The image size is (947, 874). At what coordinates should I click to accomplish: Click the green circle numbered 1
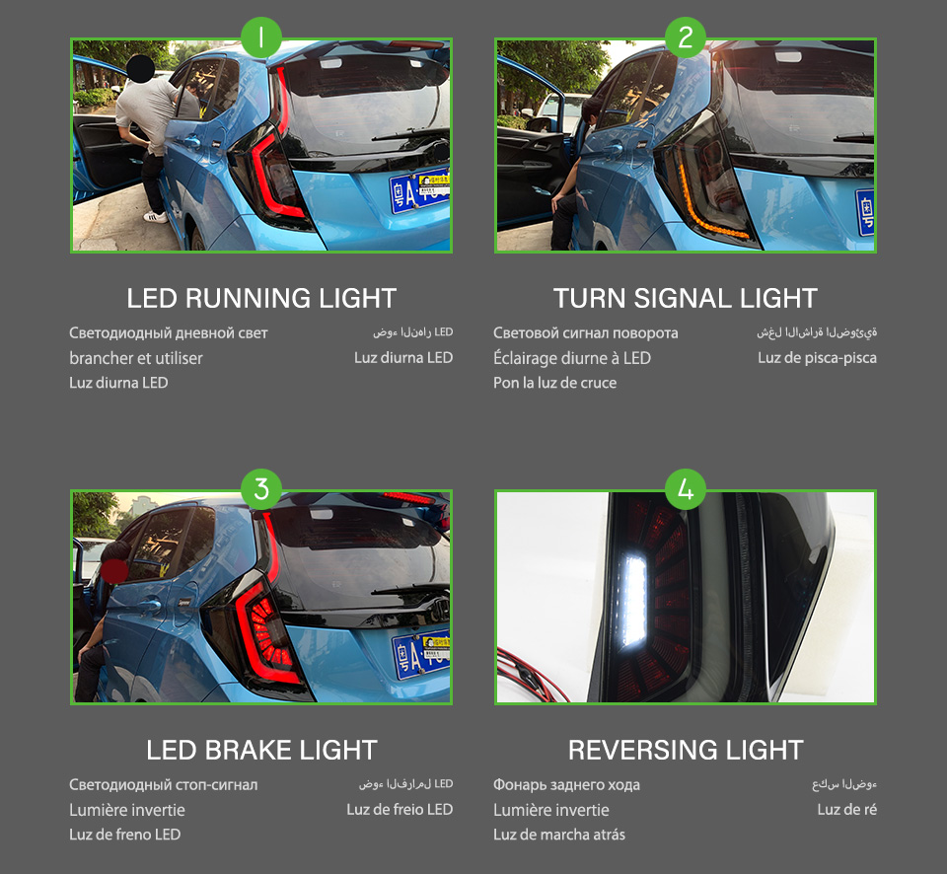pyautogui.click(x=261, y=38)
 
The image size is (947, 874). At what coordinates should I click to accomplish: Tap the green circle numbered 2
pyautogui.click(x=686, y=38)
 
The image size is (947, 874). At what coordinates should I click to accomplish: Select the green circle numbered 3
pyautogui.click(x=261, y=489)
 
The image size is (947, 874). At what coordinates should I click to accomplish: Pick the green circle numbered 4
pyautogui.click(x=686, y=489)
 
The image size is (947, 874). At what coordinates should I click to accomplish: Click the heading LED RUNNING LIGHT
pyautogui.click(x=261, y=298)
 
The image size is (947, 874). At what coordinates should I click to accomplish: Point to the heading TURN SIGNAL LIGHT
pyautogui.click(x=686, y=298)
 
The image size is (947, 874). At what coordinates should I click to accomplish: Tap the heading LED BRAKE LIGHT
pyautogui.click(x=261, y=750)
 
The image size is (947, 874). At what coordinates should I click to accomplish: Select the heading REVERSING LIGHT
pyautogui.click(x=686, y=750)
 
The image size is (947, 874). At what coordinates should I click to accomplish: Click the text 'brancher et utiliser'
pyautogui.click(x=136, y=358)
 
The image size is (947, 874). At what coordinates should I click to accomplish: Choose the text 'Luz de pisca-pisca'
pyautogui.click(x=817, y=358)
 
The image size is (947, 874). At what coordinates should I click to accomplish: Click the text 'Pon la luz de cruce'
pyautogui.click(x=554, y=383)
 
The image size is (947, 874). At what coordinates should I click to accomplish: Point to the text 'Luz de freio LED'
pyautogui.click(x=400, y=810)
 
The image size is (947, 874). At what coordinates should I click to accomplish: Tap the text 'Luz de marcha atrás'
pyautogui.click(x=559, y=835)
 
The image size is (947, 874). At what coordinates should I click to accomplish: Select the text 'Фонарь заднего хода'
pyautogui.click(x=566, y=785)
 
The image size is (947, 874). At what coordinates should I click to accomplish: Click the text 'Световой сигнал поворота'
pyautogui.click(x=585, y=333)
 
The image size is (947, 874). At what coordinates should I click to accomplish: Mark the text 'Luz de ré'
pyautogui.click(x=846, y=810)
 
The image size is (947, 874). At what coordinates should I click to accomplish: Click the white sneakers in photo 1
pyautogui.click(x=156, y=216)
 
